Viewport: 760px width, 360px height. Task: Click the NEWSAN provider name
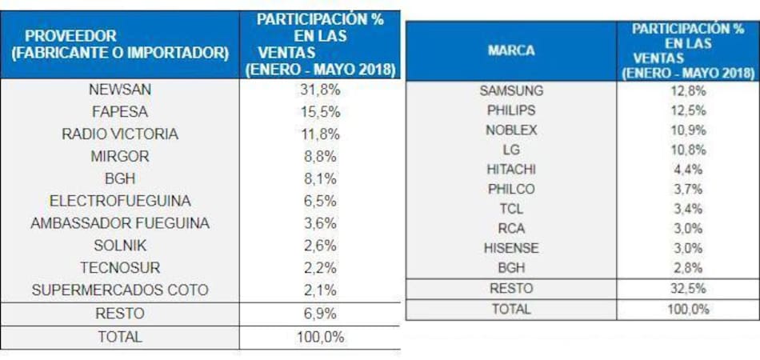pos(120,90)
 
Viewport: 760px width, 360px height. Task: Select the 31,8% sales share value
pos(319,90)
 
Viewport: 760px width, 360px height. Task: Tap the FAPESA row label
pos(120,112)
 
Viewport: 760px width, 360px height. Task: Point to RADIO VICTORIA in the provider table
pos(120,134)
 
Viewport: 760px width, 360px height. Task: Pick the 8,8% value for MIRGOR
pos(319,156)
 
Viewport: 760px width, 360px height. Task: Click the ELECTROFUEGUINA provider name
pos(120,201)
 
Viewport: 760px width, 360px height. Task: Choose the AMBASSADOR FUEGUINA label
pos(120,223)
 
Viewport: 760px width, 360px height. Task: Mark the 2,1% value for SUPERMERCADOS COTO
pos(319,290)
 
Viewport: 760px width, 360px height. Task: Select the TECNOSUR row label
pos(120,267)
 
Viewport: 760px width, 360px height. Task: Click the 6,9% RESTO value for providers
pos(319,314)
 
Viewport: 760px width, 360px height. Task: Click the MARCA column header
pos(511,50)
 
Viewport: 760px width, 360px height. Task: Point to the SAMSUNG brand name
pos(511,90)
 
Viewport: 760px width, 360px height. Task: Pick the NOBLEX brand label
pos(511,130)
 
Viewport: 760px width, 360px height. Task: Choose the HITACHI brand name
pos(511,169)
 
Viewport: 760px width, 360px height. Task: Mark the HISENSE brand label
pos(511,247)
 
